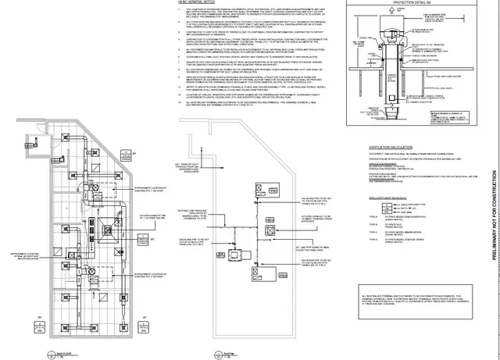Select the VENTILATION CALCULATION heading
382,146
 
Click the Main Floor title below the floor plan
54,354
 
